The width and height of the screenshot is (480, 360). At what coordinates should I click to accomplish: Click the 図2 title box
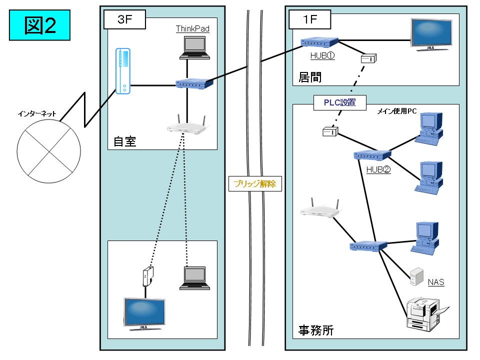[x=39, y=25]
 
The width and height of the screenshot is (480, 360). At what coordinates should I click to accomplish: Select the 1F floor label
[x=310, y=20]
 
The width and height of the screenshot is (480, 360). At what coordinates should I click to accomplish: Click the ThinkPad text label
[x=192, y=29]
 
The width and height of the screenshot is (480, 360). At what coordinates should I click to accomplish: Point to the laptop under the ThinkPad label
[x=194, y=47]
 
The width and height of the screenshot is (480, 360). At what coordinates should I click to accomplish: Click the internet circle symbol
[x=48, y=150]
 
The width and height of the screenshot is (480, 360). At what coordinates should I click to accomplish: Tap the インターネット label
[x=37, y=114]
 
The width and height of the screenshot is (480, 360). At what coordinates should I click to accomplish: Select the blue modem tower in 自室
[x=122, y=71]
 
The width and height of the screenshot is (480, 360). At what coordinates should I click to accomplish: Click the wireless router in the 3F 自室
[x=186, y=126]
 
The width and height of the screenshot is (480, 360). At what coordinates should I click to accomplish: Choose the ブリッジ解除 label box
[x=255, y=183]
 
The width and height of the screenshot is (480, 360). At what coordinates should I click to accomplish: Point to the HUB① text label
[x=322, y=56]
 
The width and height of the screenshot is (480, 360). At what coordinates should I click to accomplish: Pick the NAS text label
[x=436, y=282]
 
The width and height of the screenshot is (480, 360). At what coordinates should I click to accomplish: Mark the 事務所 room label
[x=316, y=330]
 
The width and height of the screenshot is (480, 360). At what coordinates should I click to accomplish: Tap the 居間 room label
[x=310, y=77]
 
